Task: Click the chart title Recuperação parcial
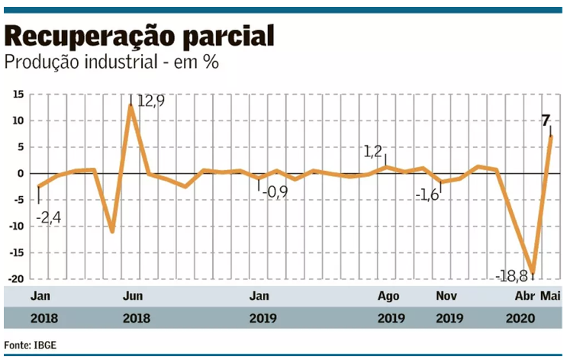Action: (140, 36)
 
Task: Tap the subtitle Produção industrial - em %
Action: (112, 62)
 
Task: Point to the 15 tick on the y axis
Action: (18, 95)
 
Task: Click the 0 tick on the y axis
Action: (21, 174)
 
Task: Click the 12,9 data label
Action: (150, 101)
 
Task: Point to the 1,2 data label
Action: (372, 153)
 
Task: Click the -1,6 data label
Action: (427, 195)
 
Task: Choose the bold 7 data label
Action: (545, 121)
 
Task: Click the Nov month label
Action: (448, 295)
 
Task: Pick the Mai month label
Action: (550, 295)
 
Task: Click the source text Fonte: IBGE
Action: (31, 345)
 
